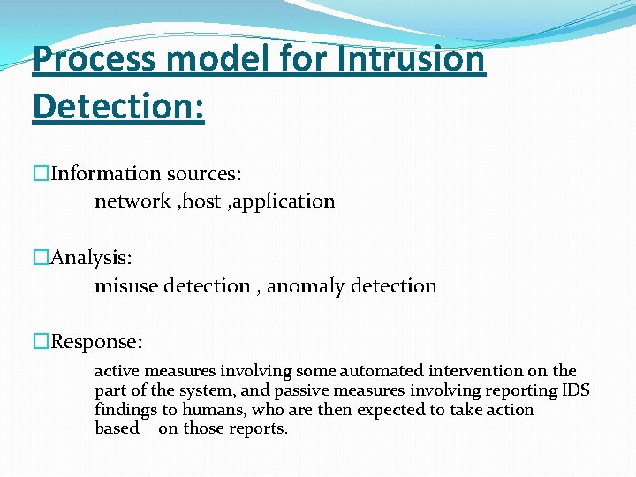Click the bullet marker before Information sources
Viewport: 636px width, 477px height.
[42, 174]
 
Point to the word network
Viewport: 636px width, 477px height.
[132, 201]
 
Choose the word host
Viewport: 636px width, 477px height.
[201, 201]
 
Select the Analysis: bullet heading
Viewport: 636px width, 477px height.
[91, 258]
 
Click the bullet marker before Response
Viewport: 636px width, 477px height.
[42, 342]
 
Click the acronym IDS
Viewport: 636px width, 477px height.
[576, 390]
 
